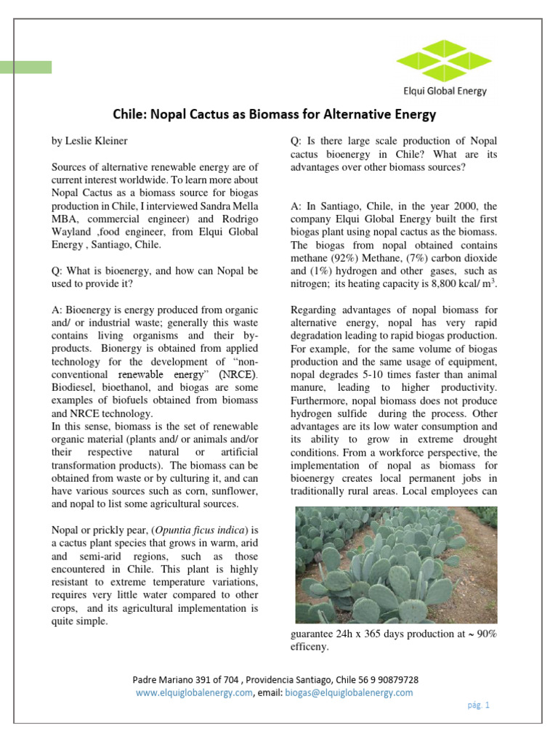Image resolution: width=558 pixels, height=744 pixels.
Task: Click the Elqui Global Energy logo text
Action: [x=445, y=91]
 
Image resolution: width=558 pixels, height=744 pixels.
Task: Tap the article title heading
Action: [x=274, y=114]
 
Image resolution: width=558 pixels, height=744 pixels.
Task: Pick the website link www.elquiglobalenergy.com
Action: [x=194, y=692]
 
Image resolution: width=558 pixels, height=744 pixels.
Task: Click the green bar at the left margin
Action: [x=26, y=67]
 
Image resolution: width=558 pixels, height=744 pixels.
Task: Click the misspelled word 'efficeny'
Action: [x=309, y=647]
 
